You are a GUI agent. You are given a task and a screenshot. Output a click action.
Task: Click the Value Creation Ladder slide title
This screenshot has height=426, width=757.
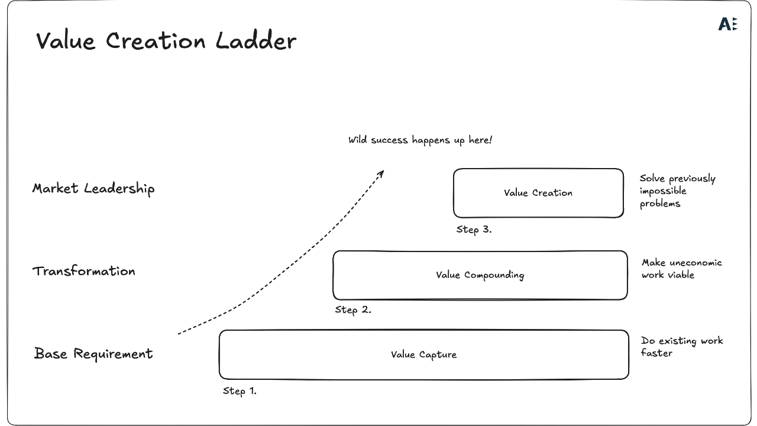[166, 41]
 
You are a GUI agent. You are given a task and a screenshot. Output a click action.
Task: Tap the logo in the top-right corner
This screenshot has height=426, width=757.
[727, 24]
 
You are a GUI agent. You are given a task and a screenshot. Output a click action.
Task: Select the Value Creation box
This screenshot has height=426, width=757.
[538, 193]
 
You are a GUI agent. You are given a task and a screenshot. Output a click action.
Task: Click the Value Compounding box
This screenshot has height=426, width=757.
[480, 275]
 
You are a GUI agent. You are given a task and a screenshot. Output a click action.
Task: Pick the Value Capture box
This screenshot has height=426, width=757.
[423, 354]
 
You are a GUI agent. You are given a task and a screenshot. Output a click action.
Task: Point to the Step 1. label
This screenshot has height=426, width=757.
[240, 391]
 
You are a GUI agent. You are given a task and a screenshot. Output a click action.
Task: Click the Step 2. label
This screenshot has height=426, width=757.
[353, 309]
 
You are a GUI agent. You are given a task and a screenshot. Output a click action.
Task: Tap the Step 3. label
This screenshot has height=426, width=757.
[474, 230]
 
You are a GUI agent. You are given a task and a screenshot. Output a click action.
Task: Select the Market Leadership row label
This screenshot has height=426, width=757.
[93, 189]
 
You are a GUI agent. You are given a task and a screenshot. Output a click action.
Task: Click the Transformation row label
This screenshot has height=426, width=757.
[84, 271]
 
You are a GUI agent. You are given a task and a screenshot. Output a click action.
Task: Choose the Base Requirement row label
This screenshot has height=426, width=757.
[93, 354]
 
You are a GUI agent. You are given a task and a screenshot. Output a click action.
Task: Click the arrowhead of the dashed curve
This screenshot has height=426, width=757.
[381, 173]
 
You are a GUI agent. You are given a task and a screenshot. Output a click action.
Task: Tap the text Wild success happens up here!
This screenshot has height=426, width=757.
[420, 140]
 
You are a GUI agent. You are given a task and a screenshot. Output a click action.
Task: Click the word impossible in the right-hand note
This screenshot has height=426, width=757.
[662, 191]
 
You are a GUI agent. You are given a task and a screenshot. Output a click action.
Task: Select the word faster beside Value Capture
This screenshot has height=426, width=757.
[656, 353]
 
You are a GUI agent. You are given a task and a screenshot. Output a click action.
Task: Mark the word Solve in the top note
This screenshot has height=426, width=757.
[652, 179]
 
